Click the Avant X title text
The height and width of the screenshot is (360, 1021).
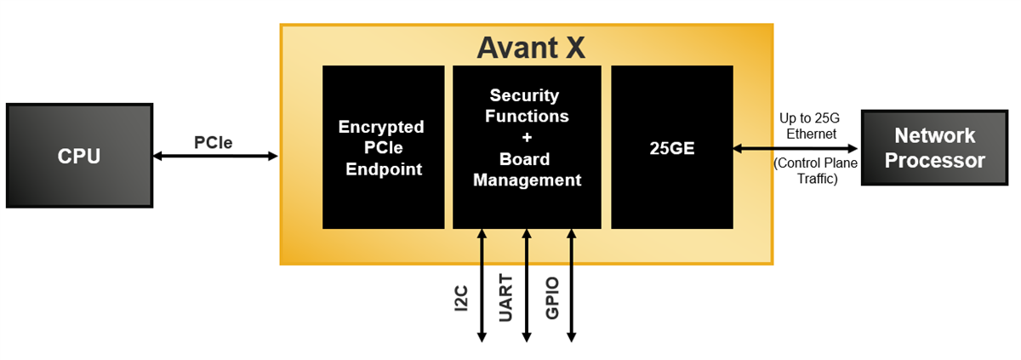530,47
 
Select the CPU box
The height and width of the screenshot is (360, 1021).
79,156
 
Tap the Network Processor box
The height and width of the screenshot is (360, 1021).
934,148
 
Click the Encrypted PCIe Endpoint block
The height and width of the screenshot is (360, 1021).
383,147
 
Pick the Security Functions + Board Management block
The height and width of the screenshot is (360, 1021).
527,147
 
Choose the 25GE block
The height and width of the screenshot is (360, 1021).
671,147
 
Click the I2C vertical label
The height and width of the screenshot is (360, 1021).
463,299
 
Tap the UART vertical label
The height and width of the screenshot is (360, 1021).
506,299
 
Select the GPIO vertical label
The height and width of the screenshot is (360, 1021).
552,299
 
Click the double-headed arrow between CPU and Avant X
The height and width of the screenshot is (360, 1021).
216,156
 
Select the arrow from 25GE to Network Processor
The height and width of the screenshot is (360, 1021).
796,148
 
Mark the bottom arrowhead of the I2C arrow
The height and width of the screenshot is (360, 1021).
482,337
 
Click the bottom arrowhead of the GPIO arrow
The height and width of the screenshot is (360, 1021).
571,337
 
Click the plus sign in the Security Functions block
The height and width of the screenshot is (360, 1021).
527,137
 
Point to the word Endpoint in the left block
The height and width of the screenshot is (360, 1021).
383,169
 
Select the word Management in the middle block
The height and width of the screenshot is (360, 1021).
527,180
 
